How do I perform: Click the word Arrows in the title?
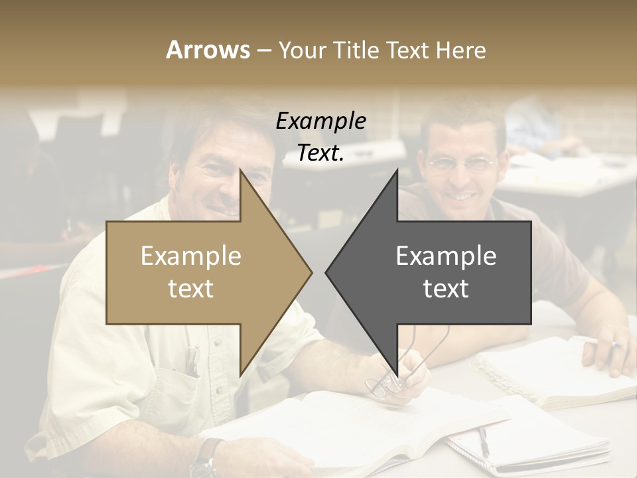tap(208, 50)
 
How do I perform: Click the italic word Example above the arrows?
tap(320, 121)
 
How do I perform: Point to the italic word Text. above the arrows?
tap(320, 153)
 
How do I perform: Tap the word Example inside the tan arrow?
tap(191, 256)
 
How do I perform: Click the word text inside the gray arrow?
tap(446, 289)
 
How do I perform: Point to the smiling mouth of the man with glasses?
tap(462, 197)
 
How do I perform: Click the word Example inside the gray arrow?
tap(446, 256)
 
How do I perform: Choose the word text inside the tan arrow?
tap(191, 289)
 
